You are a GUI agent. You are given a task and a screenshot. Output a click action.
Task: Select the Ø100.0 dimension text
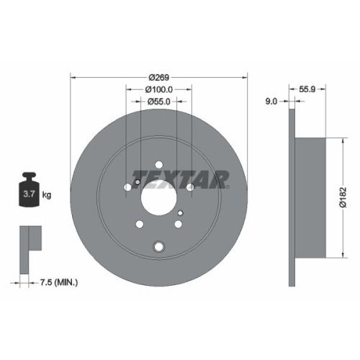(158, 89)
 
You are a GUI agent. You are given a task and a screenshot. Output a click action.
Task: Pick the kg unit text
(47, 194)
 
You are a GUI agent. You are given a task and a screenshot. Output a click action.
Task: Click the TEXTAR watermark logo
(180, 176)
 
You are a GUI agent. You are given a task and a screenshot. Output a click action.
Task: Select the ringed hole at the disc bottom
(158, 247)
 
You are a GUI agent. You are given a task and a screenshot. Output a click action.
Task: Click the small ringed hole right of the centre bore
(180, 211)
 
